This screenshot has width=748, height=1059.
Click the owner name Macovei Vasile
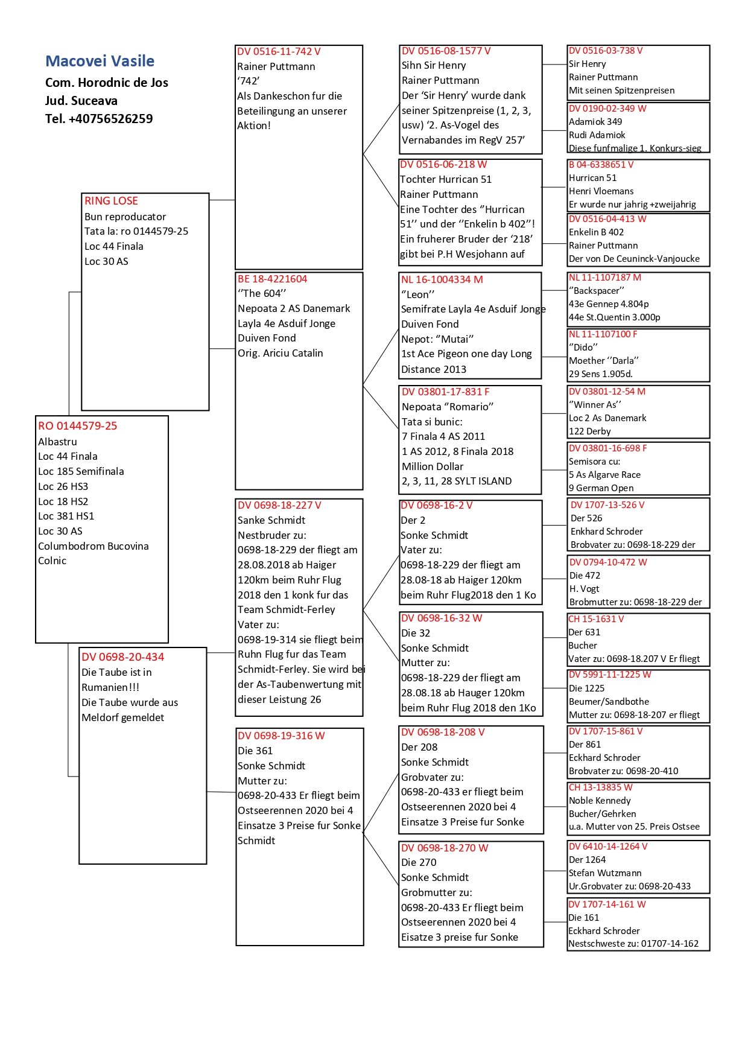[x=100, y=61]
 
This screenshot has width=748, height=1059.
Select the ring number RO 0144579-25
[x=77, y=426]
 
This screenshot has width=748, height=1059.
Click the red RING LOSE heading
[x=111, y=201]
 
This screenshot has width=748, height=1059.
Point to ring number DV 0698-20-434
[x=122, y=657]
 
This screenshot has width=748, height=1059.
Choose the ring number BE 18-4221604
[x=272, y=279]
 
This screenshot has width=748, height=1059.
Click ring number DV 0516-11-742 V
[x=279, y=52]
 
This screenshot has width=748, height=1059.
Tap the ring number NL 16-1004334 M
[x=442, y=279]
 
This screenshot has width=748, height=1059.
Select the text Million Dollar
[x=433, y=466]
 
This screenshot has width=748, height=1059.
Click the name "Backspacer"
[x=596, y=291]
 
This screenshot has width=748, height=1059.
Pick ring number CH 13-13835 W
[x=600, y=787]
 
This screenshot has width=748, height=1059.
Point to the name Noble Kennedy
[x=600, y=801]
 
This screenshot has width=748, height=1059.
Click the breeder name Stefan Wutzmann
[x=605, y=873]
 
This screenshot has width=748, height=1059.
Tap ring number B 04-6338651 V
[x=601, y=165]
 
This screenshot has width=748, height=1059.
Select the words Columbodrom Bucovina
[x=93, y=546]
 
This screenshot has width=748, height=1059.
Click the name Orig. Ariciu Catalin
[x=280, y=353]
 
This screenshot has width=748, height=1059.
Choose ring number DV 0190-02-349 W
[x=607, y=109]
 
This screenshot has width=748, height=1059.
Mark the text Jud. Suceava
[x=81, y=101]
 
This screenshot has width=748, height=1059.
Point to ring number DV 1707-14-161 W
[x=607, y=905]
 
